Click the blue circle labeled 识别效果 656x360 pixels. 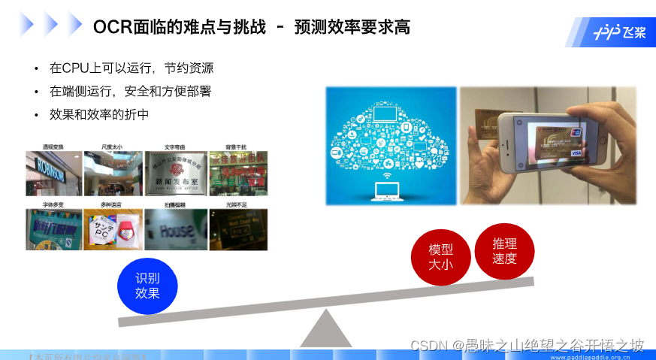tap(148, 286)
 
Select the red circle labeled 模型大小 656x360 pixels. tap(441, 256)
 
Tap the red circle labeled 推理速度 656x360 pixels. tap(505, 251)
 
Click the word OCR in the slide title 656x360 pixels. tap(110, 28)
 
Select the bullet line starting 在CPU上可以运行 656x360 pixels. tap(132, 68)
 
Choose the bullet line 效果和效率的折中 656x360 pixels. tap(99, 115)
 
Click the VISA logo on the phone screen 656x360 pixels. tap(577, 153)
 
